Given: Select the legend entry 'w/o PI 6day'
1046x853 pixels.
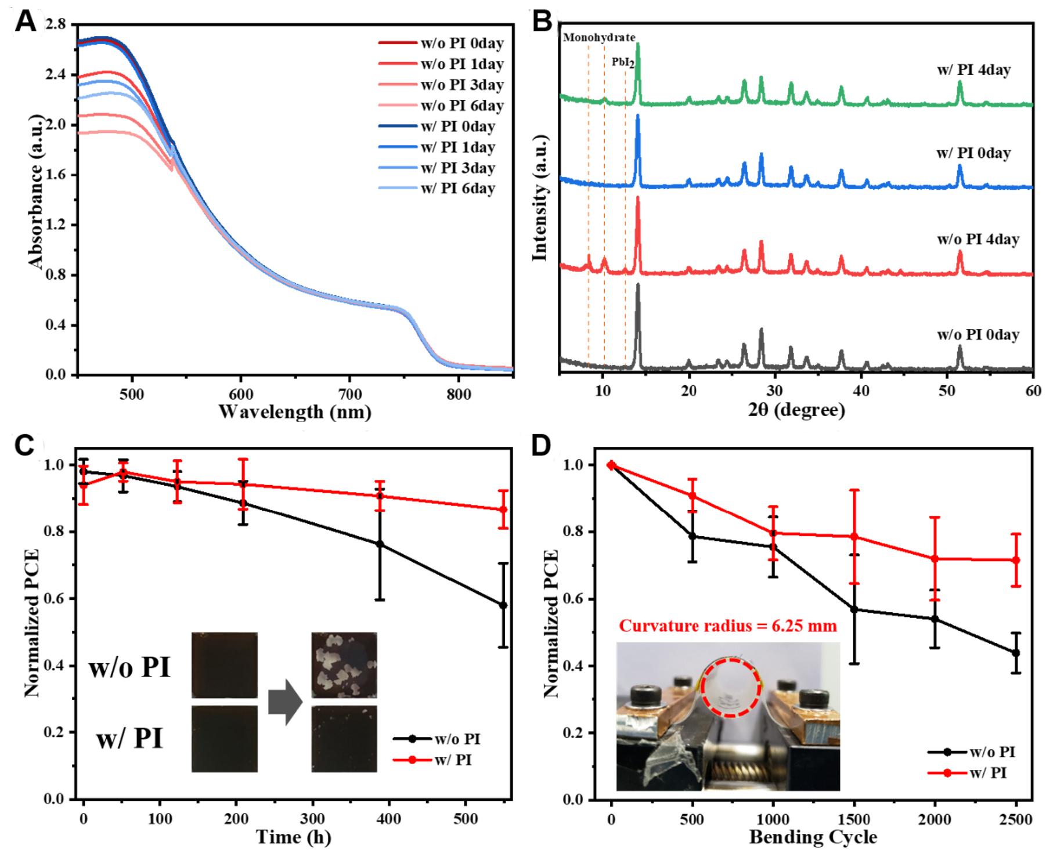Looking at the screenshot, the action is tap(441, 106).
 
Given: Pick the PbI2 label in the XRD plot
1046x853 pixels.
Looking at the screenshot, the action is tap(623, 62).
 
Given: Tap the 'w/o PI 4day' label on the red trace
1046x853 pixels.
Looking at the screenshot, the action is tap(978, 239).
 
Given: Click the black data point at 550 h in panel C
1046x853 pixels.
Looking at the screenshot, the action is tap(503, 605).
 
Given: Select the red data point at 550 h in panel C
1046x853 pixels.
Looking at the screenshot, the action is tap(503, 509).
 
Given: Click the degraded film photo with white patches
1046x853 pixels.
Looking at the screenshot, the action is tap(344, 665).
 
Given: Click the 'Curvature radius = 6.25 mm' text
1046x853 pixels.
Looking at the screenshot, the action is tap(728, 626).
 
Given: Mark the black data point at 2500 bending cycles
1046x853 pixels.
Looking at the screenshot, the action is tap(1016, 653).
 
